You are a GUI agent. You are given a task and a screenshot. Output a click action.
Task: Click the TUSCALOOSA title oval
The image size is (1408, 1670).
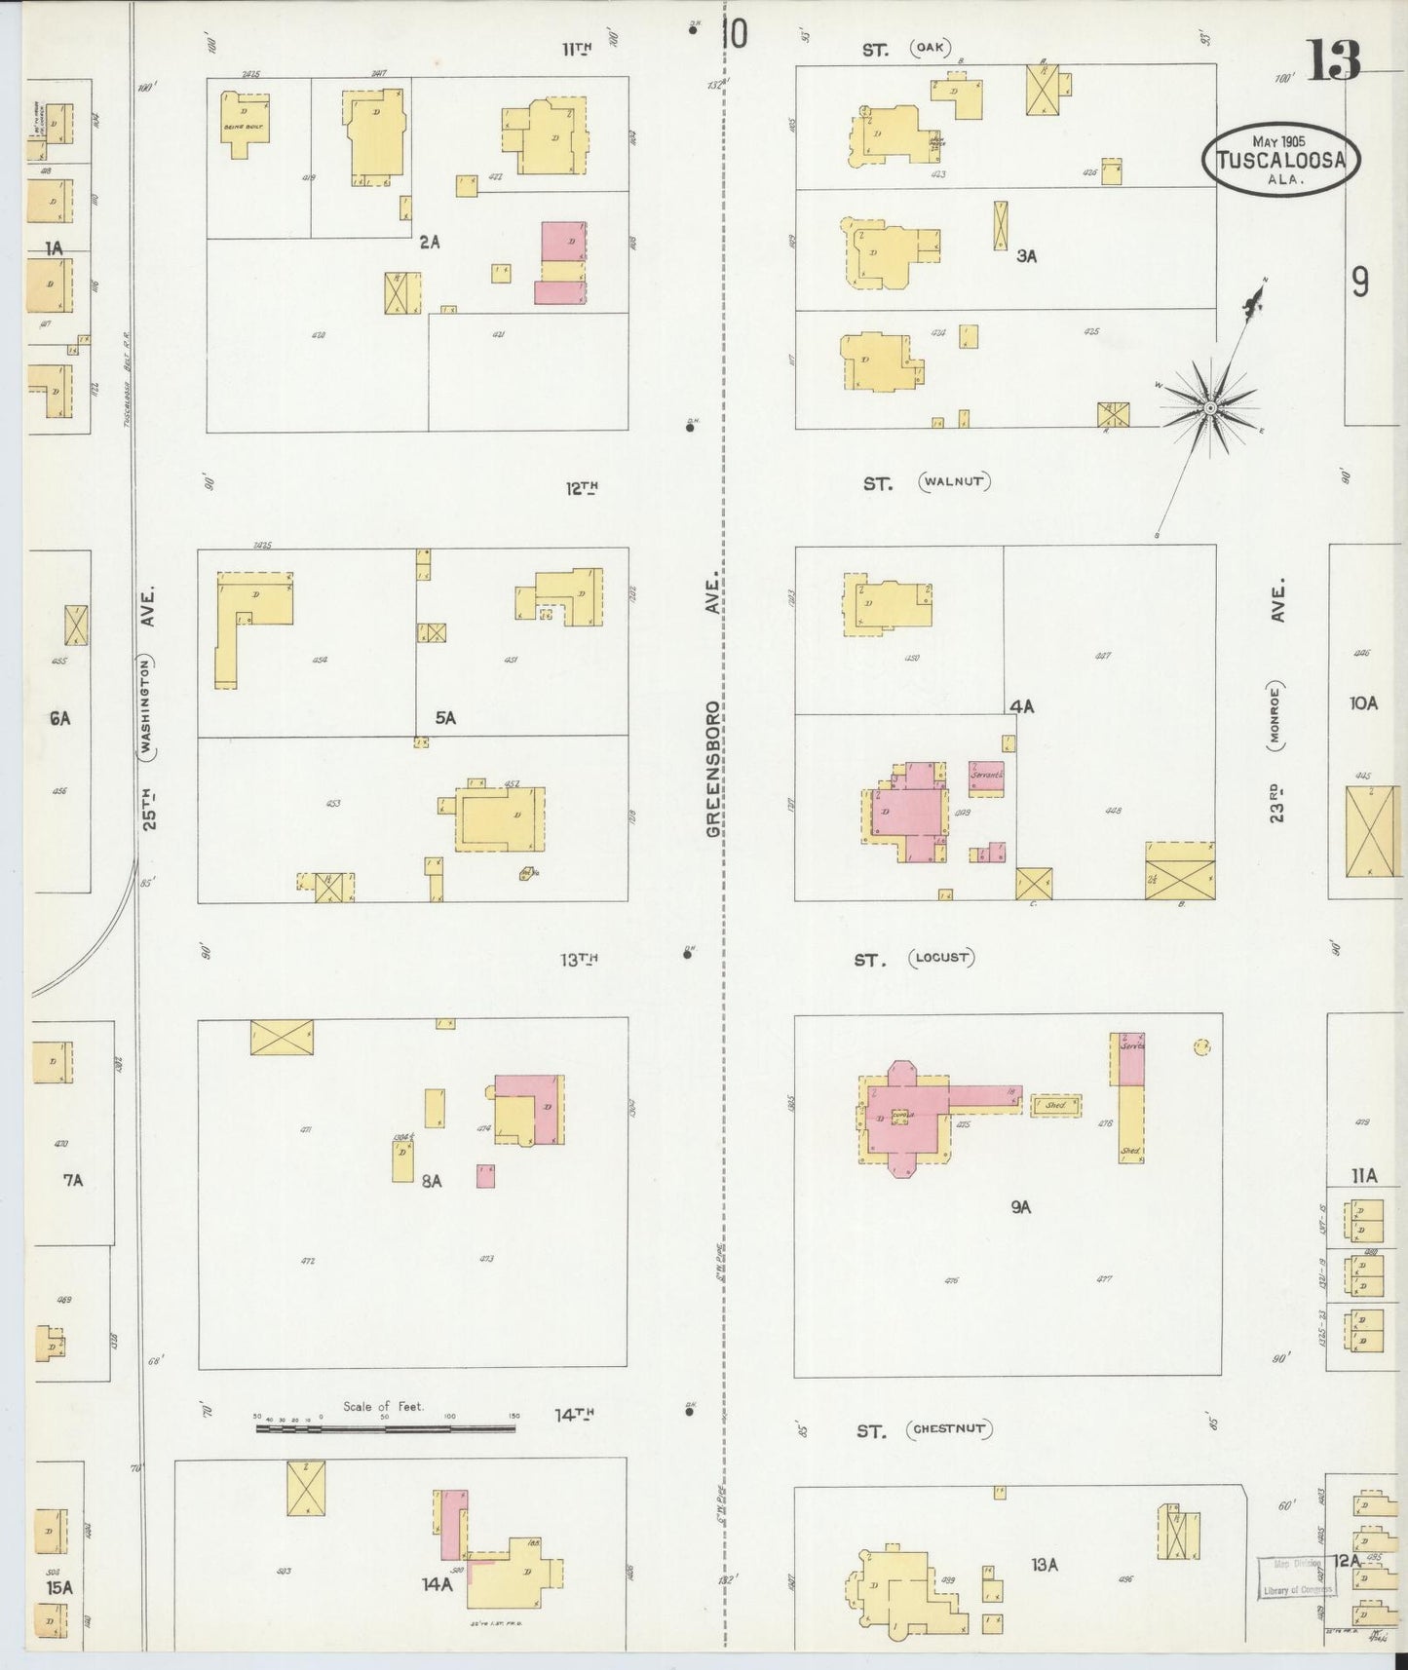[x=1280, y=160]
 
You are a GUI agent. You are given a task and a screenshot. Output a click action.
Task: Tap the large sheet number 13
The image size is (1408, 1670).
[x=1333, y=60]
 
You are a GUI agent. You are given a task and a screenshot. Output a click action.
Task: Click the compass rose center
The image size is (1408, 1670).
[x=1209, y=407]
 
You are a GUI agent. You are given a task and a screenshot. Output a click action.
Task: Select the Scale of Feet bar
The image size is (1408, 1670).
[x=385, y=1428]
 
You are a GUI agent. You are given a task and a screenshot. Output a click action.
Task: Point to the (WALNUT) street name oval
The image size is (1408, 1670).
[x=955, y=481]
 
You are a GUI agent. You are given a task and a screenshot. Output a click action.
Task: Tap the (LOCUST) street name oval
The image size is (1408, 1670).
[x=941, y=958]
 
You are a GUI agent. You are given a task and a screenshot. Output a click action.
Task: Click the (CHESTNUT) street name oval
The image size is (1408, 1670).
[x=948, y=1429]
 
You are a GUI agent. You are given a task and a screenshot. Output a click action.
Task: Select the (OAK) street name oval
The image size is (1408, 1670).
[x=931, y=48]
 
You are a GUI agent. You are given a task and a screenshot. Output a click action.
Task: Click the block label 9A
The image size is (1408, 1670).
[x=1019, y=1207]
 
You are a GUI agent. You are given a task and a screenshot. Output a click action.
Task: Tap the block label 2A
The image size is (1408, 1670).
[x=429, y=242]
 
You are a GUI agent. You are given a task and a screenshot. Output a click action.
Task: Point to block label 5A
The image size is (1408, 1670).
[x=445, y=718]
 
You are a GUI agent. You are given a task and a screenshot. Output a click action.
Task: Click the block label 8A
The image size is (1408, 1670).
[x=432, y=1181]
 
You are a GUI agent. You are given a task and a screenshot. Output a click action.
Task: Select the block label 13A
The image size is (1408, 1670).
[x=1044, y=1565]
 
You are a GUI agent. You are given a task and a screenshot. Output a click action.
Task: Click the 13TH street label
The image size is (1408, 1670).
[x=578, y=959]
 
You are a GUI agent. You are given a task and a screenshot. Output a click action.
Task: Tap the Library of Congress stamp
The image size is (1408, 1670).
[x=1295, y=1575]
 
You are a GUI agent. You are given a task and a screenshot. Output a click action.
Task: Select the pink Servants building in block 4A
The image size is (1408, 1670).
[x=986, y=777]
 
